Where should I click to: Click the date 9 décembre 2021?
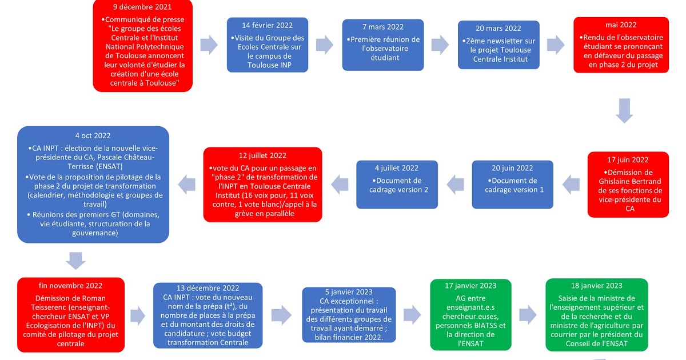pyautogui.click(x=142, y=7)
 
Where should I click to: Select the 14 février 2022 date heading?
pyautogui.click(x=267, y=25)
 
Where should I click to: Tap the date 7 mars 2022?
pyautogui.click(x=383, y=27)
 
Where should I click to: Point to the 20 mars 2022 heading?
pyautogui.click(x=498, y=29)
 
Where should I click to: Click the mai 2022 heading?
pyautogui.click(x=621, y=25)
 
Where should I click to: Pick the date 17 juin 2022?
pyautogui.click(x=628, y=160)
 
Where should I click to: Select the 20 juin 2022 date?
pyautogui.click(x=512, y=168)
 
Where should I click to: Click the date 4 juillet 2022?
pyautogui.click(x=397, y=168)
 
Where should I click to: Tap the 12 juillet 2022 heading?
pyautogui.click(x=263, y=155)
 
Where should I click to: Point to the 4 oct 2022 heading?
pyautogui.click(x=93, y=135)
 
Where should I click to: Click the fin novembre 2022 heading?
pyautogui.click(x=70, y=286)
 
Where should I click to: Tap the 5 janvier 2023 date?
pyautogui.click(x=349, y=291)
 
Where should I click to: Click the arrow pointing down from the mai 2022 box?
pyautogui.click(x=625, y=111)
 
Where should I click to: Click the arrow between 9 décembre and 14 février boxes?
pyautogui.click(x=209, y=45)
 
